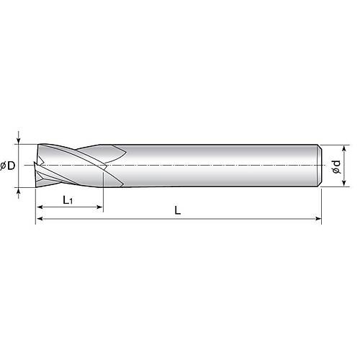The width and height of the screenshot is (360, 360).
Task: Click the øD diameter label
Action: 9,166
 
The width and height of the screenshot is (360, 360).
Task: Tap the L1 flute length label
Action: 68,199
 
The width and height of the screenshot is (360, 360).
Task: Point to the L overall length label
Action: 177,210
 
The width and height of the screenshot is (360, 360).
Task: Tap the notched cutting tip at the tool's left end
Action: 40,167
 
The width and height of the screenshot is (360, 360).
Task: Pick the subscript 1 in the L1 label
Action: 72,202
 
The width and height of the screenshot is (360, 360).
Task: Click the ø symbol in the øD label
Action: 5,166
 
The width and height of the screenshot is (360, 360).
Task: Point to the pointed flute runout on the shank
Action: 126,152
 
